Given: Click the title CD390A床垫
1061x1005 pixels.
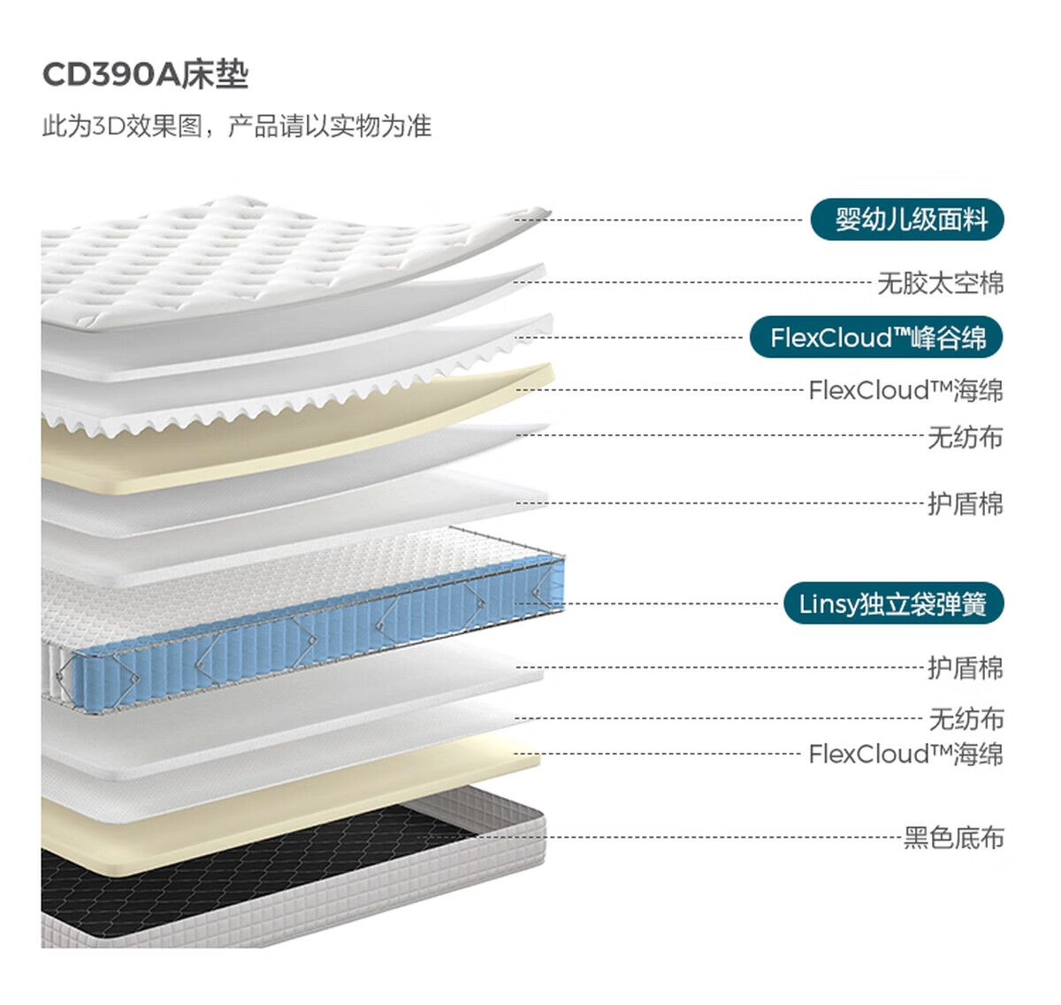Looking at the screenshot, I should click(145, 75).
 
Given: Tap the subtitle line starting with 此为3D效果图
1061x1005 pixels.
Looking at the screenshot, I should click(236, 127).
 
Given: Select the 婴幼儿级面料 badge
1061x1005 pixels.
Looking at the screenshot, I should click(907, 219).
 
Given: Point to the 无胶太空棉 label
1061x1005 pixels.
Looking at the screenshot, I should click(940, 283).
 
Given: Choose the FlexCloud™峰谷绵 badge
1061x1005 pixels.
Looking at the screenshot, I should click(876, 338).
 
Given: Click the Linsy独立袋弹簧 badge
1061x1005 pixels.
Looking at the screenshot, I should click(893, 604).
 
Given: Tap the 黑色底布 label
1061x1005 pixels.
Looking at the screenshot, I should click(953, 837).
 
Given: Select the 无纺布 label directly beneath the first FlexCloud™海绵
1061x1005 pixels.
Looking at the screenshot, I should click(965, 437).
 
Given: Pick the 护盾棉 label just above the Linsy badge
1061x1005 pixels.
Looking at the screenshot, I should click(965, 504).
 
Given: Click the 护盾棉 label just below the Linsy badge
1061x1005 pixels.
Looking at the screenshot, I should click(965, 668).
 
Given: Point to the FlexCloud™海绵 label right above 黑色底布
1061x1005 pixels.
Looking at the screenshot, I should click(905, 755).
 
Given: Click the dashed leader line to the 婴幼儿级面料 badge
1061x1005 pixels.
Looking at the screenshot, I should click(663, 219).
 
